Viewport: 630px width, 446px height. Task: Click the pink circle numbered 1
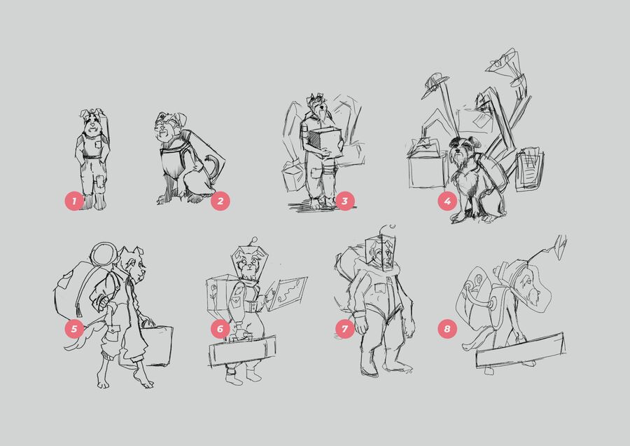[x=74, y=201]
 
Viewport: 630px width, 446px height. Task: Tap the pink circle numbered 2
[x=220, y=201]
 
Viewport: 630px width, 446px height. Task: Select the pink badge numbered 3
[x=344, y=201]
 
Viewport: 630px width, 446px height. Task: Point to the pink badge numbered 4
[x=447, y=201]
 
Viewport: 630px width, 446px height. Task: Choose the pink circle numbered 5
[x=74, y=328]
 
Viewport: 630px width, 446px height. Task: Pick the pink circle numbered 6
[x=220, y=328]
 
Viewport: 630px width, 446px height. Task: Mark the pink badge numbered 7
[x=344, y=328]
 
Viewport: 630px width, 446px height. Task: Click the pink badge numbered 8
[x=447, y=328]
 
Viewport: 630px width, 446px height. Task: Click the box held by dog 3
[x=325, y=142]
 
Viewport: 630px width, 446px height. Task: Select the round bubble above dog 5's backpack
[x=104, y=255]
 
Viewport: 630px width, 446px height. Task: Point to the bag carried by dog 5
[x=156, y=346]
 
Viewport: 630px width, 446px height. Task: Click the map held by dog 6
[x=287, y=293]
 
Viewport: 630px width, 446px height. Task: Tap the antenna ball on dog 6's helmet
[x=253, y=241]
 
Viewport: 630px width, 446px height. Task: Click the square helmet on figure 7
[x=381, y=252]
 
